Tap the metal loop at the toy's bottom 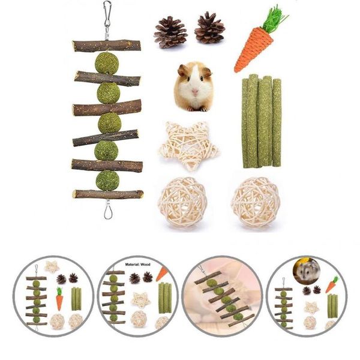coord(107,212)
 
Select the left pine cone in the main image coord(170,32)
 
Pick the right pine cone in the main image coord(209,28)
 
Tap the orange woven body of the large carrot coord(254,49)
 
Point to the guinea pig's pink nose coord(195,91)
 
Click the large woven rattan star coord(188,146)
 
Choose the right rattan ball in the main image coord(256,202)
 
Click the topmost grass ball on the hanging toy coord(107,64)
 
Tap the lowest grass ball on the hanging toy coord(107,181)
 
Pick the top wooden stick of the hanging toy coord(107,46)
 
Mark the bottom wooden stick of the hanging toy coord(107,194)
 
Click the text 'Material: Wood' coord(138,265)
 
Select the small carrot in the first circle coord(59,298)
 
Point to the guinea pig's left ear coord(183,70)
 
